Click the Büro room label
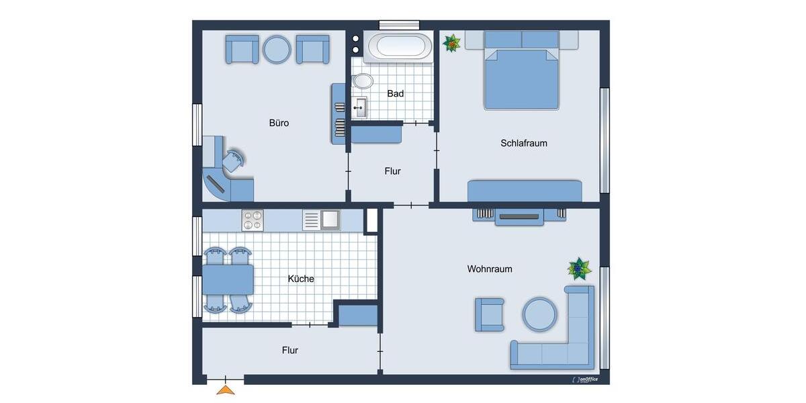coord(279,123)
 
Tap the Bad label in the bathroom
coord(396,93)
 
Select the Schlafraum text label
coord(523,143)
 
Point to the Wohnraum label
coord(490,269)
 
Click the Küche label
coord(301,279)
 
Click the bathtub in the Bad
coord(400,46)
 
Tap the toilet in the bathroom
coord(362,81)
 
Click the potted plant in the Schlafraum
coord(452,43)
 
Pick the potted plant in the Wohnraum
coord(578,269)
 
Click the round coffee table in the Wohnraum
coord(540,314)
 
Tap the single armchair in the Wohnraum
coord(490,314)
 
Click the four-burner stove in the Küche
coord(253,220)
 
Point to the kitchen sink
coord(330,219)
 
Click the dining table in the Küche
coord(228,279)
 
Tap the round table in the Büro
coord(277,49)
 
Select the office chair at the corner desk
coord(235,160)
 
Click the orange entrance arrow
coord(226,389)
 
